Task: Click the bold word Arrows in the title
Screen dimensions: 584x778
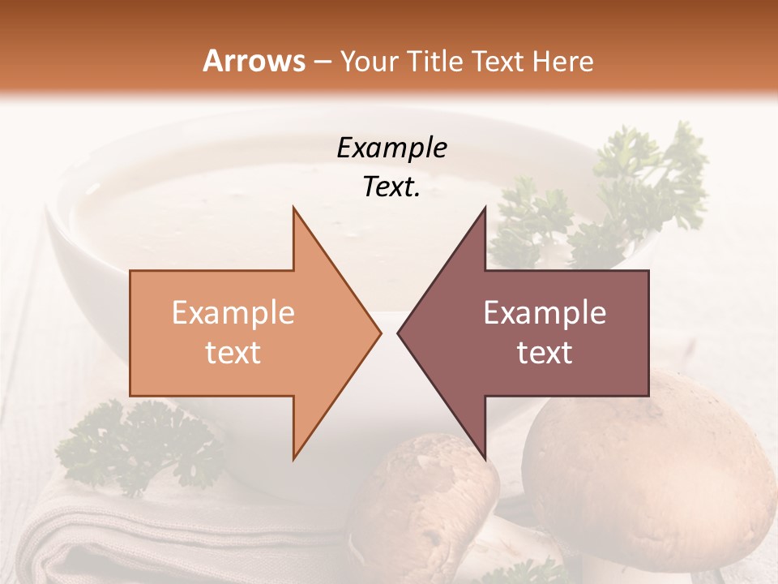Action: click(x=254, y=61)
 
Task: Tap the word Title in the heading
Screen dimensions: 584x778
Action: click(x=434, y=61)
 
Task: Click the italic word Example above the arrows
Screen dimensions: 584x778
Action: click(x=391, y=148)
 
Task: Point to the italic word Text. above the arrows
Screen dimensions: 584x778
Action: click(x=391, y=187)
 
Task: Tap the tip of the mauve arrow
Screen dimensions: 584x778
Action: click(x=400, y=333)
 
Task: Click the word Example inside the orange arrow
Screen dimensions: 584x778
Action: click(x=233, y=313)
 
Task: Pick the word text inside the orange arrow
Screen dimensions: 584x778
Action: click(x=233, y=353)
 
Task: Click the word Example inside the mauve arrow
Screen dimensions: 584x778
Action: click(x=545, y=313)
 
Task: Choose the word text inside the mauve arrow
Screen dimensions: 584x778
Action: click(x=545, y=353)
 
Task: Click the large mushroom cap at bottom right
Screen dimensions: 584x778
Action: click(x=648, y=470)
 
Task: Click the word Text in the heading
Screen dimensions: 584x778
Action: click(x=498, y=61)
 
